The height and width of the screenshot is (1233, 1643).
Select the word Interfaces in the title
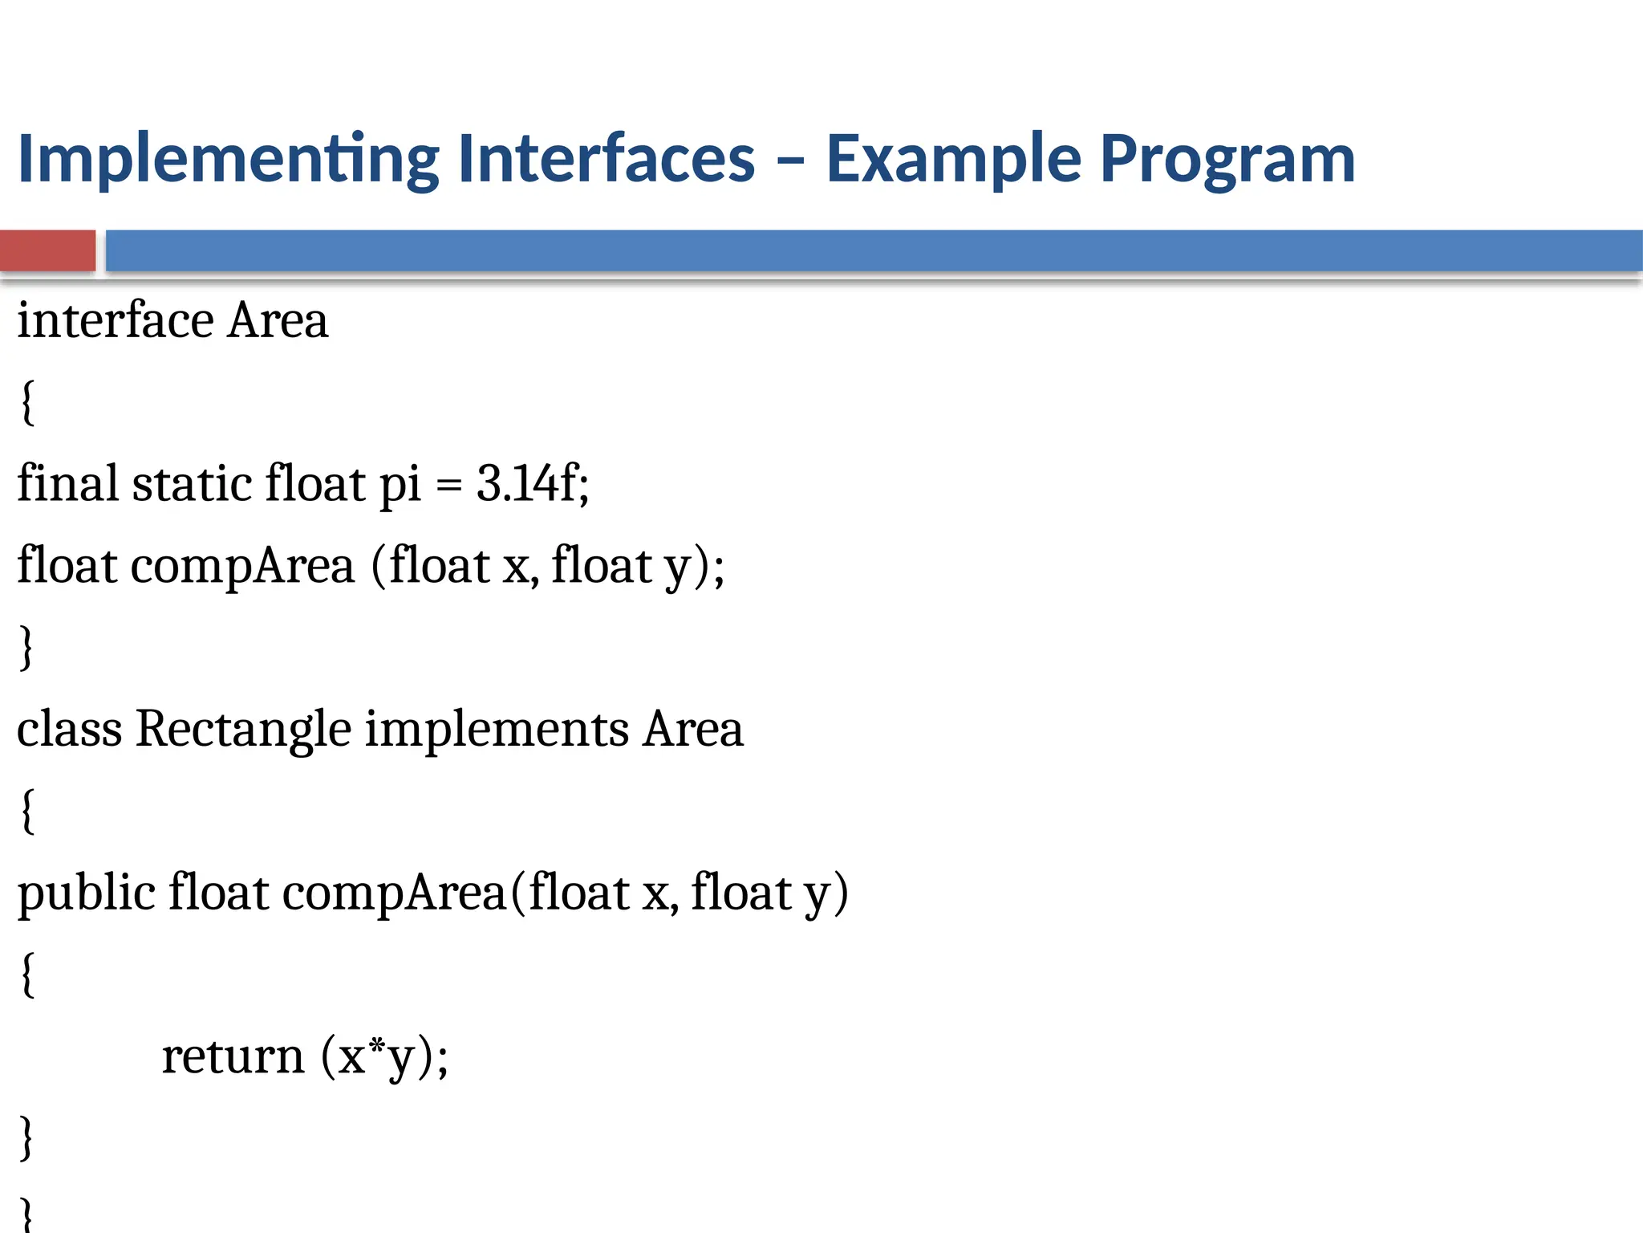(606, 158)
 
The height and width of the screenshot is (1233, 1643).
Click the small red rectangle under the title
(47, 250)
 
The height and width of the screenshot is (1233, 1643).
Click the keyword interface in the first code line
(116, 320)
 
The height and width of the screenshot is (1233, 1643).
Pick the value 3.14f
(532, 483)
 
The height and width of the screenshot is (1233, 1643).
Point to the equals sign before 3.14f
(449, 485)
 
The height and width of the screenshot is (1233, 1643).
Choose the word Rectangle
(243, 730)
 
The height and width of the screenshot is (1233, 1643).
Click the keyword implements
(497, 730)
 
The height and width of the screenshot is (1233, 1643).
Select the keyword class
(69, 729)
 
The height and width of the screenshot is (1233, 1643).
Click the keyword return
(233, 1056)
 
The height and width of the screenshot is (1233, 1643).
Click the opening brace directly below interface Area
(27, 402)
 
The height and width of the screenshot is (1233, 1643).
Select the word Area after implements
(693, 729)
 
